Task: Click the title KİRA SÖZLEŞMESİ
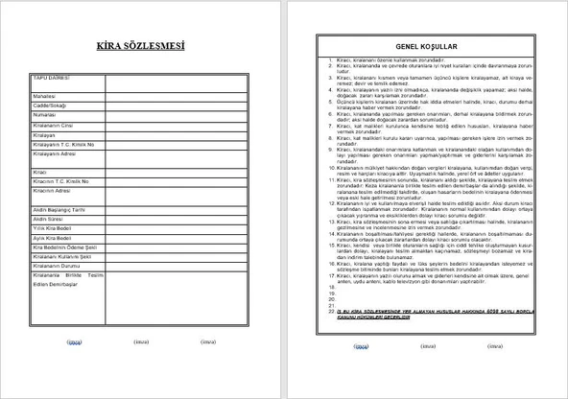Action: tap(142, 46)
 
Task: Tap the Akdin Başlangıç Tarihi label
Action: tap(59, 209)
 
